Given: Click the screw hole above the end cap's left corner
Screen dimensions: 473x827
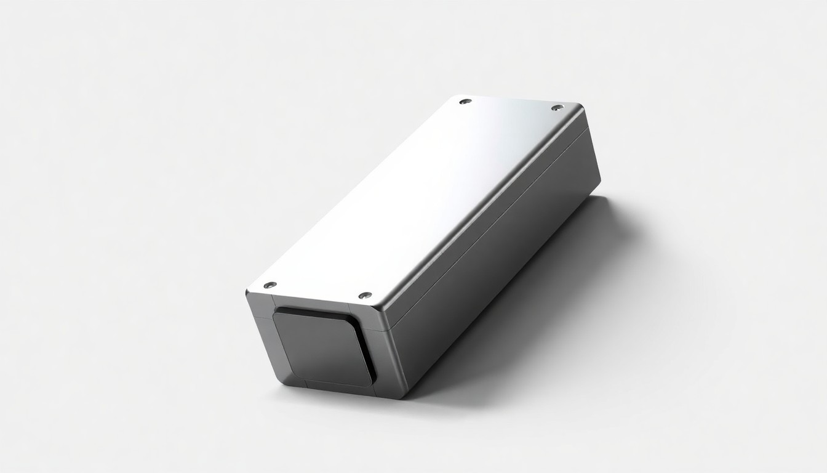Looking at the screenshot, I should click(x=270, y=285).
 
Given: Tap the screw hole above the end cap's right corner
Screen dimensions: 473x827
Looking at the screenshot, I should click(x=365, y=296).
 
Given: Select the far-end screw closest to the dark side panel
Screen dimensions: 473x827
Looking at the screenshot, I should click(x=557, y=108).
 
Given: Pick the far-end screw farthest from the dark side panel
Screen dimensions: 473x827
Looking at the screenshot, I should click(x=465, y=100).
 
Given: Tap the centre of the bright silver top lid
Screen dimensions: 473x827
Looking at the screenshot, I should click(x=418, y=197).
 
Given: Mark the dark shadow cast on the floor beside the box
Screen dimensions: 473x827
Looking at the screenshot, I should click(x=554, y=296).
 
